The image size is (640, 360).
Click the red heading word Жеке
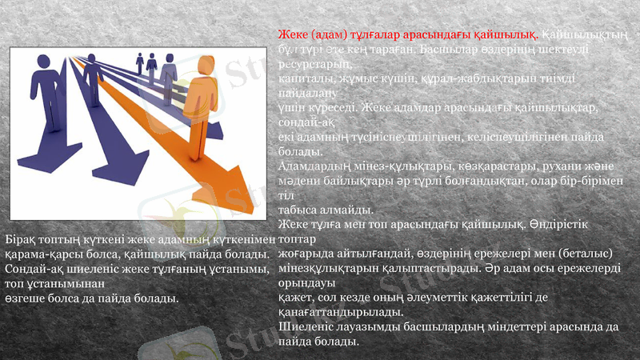pyautogui.click(x=294, y=36)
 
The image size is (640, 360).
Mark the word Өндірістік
pyautogui.click(x=570, y=224)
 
